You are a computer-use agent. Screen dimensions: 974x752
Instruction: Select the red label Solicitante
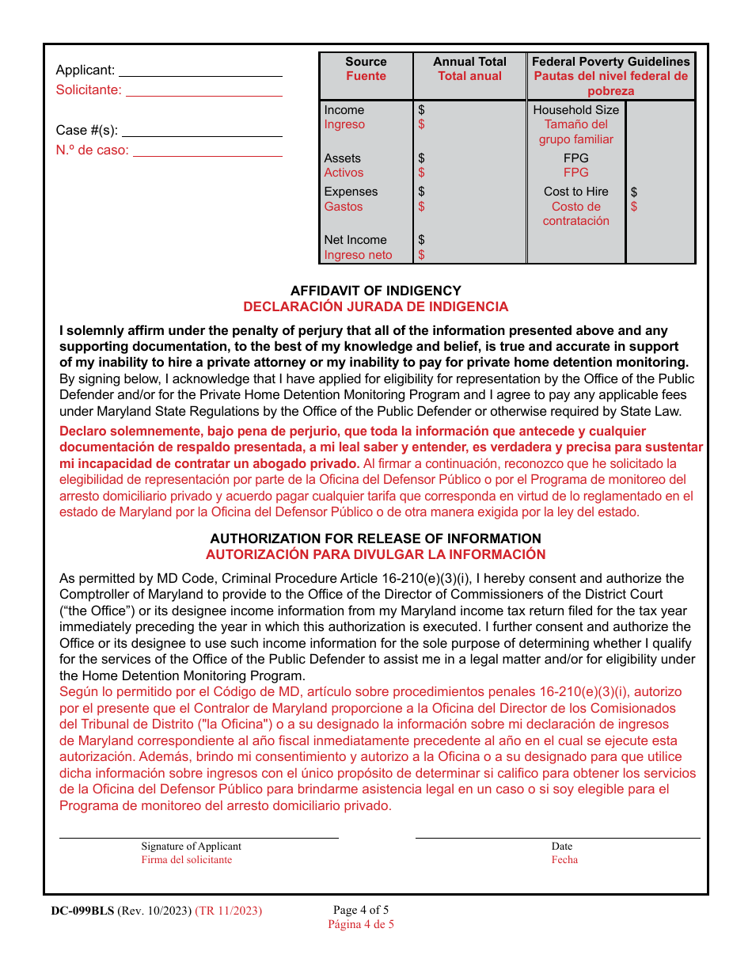coord(89,90)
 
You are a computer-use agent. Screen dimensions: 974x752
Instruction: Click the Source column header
coord(366,62)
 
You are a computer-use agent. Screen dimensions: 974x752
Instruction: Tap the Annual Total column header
coord(469,62)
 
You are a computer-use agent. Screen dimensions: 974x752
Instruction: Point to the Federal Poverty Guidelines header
coord(610,62)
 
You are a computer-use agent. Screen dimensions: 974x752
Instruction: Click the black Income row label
coord(344,110)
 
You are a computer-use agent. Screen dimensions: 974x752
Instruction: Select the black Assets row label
coord(342,158)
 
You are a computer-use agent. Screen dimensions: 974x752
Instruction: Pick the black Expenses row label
coord(351,192)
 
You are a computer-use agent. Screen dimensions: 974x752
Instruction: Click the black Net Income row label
coord(355,240)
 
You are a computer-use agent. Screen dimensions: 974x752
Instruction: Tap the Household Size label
coord(575,110)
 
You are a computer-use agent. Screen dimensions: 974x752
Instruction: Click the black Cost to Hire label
coord(575,192)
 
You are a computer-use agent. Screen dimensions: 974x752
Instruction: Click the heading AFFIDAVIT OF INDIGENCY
coord(375,291)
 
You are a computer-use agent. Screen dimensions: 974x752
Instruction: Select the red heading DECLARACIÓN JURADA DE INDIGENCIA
coord(375,306)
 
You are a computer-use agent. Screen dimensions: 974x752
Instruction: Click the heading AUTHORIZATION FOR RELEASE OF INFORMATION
coord(375,538)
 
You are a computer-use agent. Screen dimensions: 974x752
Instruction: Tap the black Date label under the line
coord(562,847)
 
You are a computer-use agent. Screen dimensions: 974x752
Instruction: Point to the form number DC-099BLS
coord(82,911)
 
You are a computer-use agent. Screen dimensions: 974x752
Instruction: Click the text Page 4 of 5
coord(361,910)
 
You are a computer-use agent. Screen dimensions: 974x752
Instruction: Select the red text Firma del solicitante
coord(187,860)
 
